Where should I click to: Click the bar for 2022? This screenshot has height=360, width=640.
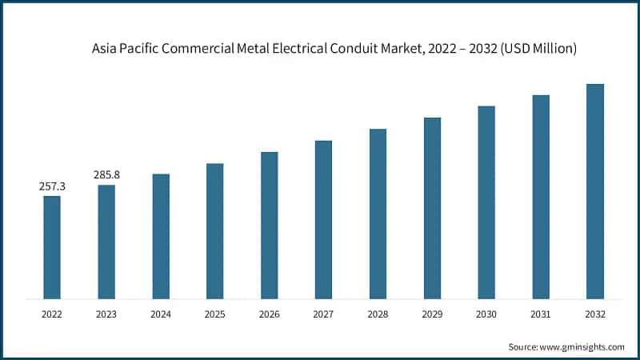(x=52, y=247)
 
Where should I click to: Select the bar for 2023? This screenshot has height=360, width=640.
(x=106, y=242)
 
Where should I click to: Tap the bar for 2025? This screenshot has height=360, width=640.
(x=214, y=231)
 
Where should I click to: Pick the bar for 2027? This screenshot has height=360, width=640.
(x=323, y=220)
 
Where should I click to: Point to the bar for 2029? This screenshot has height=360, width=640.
(x=432, y=208)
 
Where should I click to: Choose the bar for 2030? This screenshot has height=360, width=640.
(x=486, y=202)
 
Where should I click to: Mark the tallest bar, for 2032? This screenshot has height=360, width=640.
(x=595, y=191)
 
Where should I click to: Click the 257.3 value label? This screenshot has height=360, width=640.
(x=52, y=186)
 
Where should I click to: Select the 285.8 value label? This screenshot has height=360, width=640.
(x=106, y=175)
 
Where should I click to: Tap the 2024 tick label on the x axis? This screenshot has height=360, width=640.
(x=161, y=315)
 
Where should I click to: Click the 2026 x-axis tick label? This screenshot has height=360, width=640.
(x=269, y=315)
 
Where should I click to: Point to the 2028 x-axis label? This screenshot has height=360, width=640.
(x=378, y=315)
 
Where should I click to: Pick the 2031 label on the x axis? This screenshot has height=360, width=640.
(x=541, y=315)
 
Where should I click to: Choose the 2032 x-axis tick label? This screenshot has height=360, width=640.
(x=595, y=315)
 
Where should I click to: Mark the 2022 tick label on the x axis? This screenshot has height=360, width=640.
(x=52, y=315)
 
